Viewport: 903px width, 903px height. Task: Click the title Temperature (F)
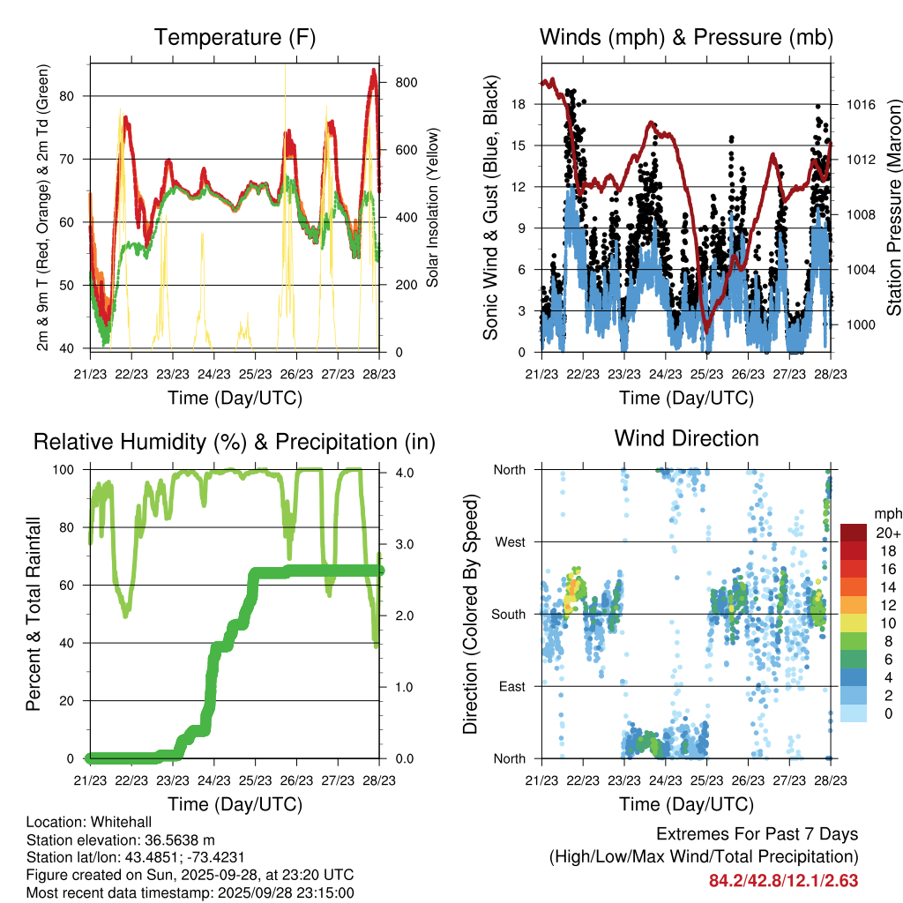[x=235, y=38]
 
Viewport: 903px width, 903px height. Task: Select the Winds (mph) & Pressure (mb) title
[x=686, y=38]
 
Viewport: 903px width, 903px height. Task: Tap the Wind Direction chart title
[x=686, y=438]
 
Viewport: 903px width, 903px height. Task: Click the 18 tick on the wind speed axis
[x=519, y=104]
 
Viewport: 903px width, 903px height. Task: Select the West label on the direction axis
[x=510, y=541]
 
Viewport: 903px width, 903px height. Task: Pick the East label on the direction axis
[x=511, y=686]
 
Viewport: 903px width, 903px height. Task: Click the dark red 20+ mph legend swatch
[x=854, y=533]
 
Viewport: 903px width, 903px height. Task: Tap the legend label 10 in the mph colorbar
[x=882, y=623]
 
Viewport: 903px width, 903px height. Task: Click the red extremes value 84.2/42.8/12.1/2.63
[x=783, y=881]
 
